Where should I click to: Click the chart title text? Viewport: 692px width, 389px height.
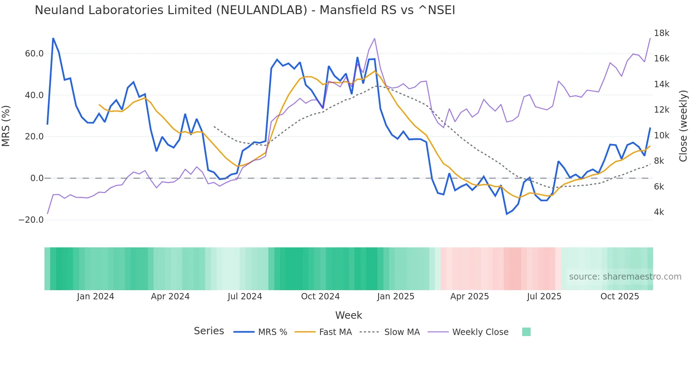[245, 10]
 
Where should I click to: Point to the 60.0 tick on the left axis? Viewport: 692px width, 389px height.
[34, 54]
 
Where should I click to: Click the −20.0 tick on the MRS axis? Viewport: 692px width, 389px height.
[31, 220]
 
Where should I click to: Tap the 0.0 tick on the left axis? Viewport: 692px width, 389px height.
[37, 178]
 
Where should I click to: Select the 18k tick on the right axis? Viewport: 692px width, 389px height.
[661, 33]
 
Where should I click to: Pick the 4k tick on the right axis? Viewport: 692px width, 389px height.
[659, 212]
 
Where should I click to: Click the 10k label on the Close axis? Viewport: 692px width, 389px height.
[661, 136]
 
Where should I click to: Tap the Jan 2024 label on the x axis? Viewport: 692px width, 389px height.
[95, 297]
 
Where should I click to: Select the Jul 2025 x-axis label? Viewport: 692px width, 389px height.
[544, 297]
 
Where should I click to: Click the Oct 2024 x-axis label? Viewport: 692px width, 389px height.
[320, 297]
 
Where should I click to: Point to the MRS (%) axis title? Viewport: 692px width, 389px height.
[6, 126]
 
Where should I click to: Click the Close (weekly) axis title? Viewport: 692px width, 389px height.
[683, 126]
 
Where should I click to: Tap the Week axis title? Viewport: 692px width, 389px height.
[348, 315]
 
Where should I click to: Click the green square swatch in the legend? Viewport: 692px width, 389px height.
[526, 332]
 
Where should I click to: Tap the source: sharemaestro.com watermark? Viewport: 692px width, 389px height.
[625, 277]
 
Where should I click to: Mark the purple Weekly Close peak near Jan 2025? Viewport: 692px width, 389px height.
[374, 38]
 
